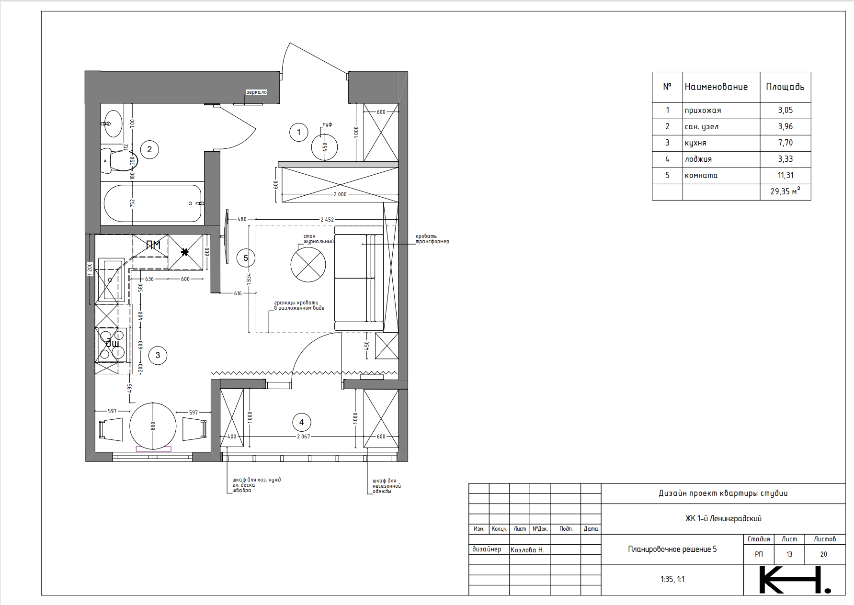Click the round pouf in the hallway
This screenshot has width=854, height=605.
pyautogui.click(x=324, y=147)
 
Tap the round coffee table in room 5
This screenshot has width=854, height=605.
pyautogui.click(x=308, y=265)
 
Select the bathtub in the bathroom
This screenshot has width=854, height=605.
pyautogui.click(x=153, y=203)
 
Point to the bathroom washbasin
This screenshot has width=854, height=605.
pyautogui.click(x=113, y=123)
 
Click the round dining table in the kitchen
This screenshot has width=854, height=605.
pyautogui.click(x=153, y=426)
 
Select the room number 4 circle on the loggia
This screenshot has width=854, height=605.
pyautogui.click(x=302, y=422)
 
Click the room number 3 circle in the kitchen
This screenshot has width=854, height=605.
pyautogui.click(x=158, y=356)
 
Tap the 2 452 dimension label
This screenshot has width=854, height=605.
pyautogui.click(x=327, y=220)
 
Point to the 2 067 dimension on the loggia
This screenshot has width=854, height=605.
pyautogui.click(x=303, y=437)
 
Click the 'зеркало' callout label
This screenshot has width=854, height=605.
pyautogui.click(x=256, y=92)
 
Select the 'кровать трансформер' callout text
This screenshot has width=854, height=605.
pyautogui.click(x=432, y=239)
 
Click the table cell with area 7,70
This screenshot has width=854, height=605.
pyautogui.click(x=785, y=143)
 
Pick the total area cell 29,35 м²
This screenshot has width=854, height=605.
pyautogui.click(x=785, y=191)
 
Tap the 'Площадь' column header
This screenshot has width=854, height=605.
pyautogui.click(x=785, y=87)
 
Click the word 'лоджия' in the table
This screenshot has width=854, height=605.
pyautogui.click(x=698, y=159)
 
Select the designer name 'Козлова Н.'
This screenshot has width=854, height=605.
pyautogui.click(x=527, y=550)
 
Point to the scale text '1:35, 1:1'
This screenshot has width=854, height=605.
pyautogui.click(x=672, y=579)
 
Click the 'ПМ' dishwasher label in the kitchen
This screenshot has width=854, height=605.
pyautogui.click(x=153, y=245)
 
